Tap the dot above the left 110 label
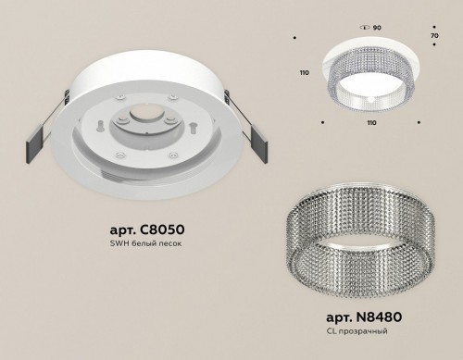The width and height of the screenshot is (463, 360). [x=294, y=38]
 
